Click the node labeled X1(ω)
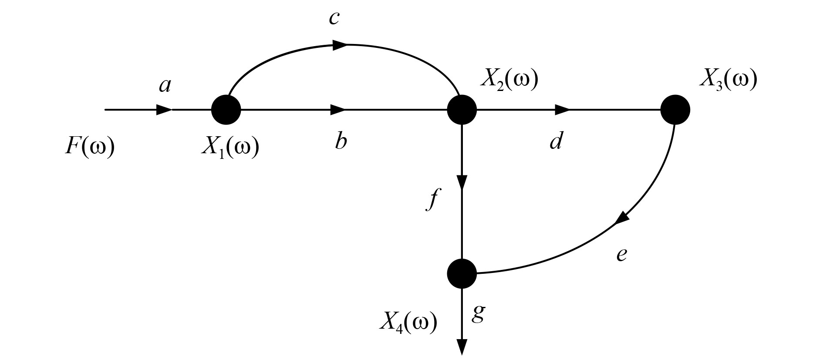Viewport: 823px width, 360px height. click(226, 110)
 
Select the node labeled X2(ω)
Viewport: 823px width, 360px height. click(462, 110)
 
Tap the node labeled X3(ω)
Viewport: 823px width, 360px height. click(675, 110)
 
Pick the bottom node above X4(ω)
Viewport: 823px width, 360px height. click(462, 273)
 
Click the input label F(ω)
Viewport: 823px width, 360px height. click(90, 147)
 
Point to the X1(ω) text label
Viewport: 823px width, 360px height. click(230, 148)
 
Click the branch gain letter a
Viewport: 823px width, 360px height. click(165, 86)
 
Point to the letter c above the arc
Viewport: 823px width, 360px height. click(334, 19)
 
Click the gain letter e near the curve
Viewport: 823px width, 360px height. click(622, 254)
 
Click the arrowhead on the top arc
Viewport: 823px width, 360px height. click(340, 44)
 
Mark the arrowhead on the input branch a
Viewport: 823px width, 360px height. click(164, 110)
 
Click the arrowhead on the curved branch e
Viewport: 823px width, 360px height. click(623, 218)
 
